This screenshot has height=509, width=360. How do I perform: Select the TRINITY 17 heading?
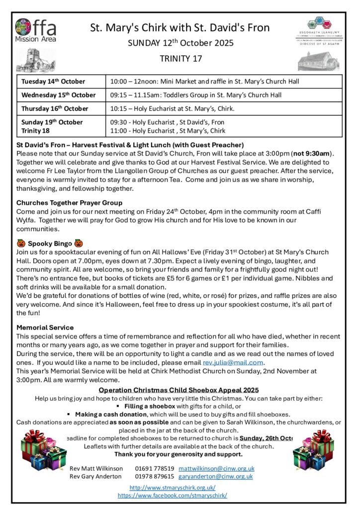[x=180, y=59]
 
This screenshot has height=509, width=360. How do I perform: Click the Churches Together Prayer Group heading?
[x=69, y=203]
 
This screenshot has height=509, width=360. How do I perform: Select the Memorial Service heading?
[x=45, y=328]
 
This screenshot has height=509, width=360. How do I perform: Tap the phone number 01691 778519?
[x=154, y=468]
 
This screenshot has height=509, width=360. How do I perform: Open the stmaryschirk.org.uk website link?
[x=172, y=488]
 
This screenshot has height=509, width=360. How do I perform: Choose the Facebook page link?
[x=172, y=495]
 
